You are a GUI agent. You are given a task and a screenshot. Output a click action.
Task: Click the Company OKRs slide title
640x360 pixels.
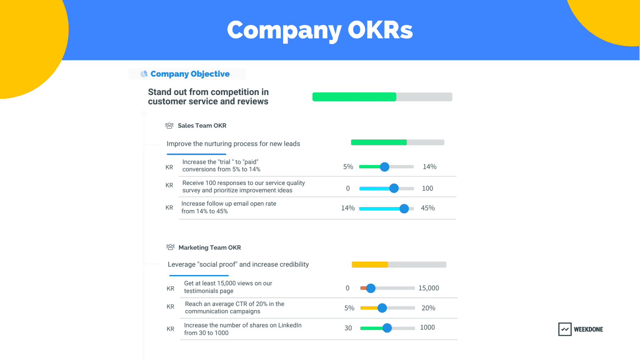320,30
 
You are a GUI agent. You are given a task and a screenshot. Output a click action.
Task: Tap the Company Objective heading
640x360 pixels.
190,74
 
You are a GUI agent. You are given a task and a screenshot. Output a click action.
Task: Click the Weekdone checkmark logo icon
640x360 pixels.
565,329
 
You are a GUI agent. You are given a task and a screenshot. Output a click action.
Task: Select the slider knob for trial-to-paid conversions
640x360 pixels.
385,167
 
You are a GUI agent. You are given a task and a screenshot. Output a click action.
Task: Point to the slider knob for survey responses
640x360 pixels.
394,188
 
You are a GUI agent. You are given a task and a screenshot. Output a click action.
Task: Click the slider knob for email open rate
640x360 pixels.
404,208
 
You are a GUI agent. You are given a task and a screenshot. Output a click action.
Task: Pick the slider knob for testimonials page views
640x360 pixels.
370,288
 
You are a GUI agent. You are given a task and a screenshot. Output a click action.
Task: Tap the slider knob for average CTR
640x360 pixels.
382,308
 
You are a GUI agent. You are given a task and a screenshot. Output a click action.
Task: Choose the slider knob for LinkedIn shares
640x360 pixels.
387,328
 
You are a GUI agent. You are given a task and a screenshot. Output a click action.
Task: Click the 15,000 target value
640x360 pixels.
428,288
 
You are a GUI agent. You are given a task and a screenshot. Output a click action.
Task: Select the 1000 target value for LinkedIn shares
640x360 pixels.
427,327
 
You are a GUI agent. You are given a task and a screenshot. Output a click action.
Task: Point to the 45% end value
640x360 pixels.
427,208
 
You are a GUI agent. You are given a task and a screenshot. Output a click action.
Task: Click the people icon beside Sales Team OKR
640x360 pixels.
169,125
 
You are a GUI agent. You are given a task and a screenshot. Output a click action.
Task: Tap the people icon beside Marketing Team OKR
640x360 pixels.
170,247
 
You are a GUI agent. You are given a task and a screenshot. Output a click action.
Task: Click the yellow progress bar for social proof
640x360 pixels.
370,265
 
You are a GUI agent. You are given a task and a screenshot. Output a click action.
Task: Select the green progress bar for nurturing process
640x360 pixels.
379,142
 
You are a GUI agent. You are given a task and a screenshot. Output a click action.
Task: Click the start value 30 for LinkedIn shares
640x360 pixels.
348,328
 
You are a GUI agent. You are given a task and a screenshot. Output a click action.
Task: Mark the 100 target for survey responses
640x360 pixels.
427,188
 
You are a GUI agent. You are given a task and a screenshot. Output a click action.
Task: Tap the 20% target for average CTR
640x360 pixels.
428,308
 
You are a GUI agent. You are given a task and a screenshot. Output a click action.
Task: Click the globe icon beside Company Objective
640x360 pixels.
144,74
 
